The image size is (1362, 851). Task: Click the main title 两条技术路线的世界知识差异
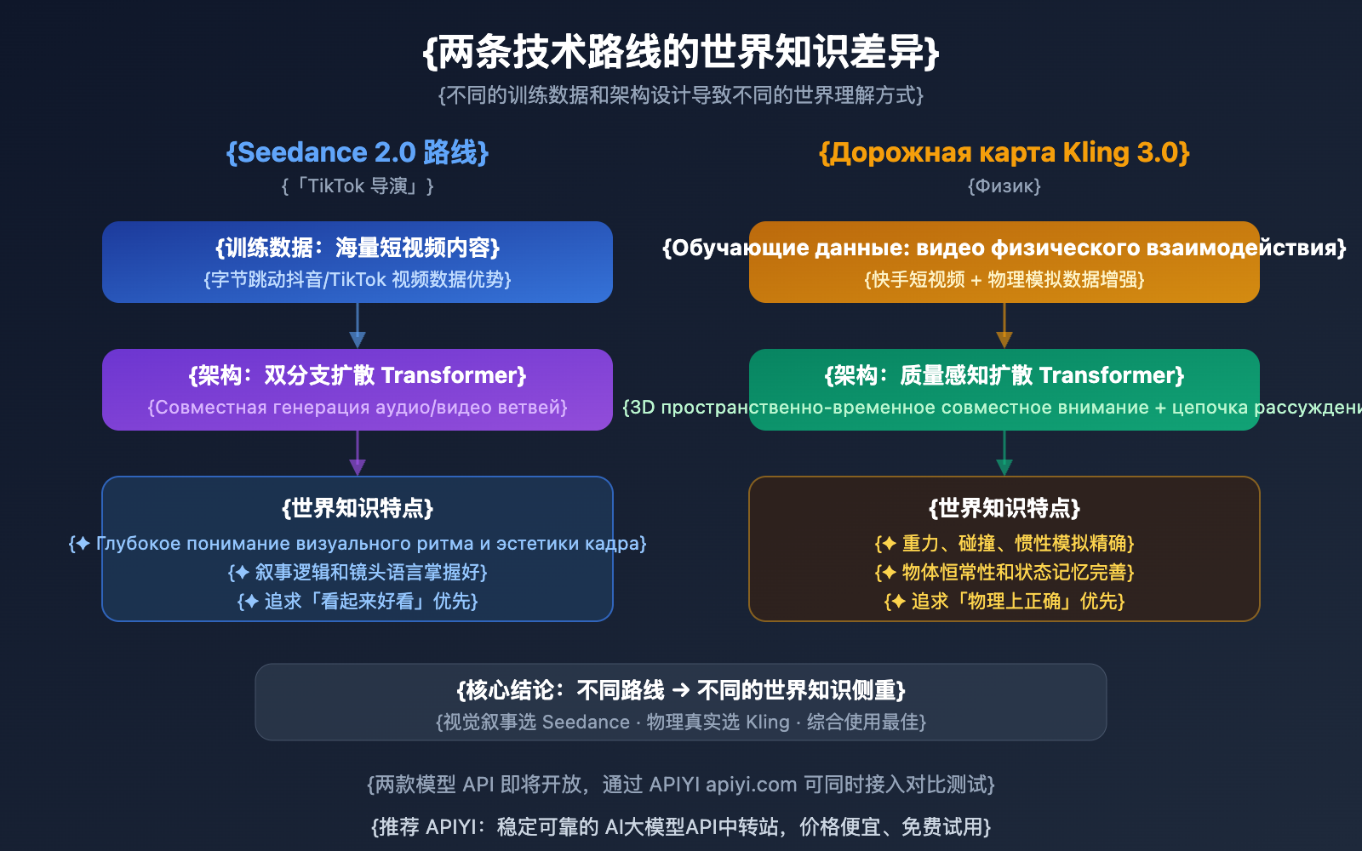[x=681, y=53]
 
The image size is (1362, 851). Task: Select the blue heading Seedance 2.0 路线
[x=358, y=152]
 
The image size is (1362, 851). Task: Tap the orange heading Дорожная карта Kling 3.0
[x=1004, y=152]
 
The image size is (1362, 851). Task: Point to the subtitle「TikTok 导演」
[x=358, y=186]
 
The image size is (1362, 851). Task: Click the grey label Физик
[x=1004, y=186]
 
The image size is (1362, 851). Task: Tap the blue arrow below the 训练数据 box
[x=358, y=327]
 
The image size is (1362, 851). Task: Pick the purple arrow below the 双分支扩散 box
[x=358, y=454]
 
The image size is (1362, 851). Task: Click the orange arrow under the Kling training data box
[x=1004, y=327]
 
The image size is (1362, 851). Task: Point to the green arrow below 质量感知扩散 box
[x=1004, y=454]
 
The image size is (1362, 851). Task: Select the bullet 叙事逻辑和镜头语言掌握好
[x=358, y=572]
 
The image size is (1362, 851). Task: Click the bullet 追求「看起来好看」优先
[x=358, y=601]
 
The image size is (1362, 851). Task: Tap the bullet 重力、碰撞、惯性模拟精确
[x=1004, y=543]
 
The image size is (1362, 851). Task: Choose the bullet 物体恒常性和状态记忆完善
[x=1004, y=572]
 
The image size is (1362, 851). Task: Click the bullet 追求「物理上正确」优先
[x=1004, y=601]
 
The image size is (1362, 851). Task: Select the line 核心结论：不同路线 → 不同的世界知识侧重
[x=681, y=690]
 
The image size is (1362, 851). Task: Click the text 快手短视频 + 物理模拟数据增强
[x=1004, y=279]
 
